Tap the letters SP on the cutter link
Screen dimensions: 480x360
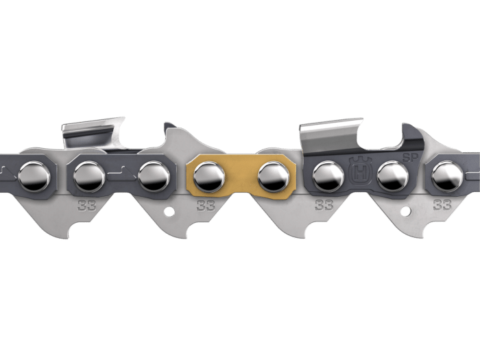(410, 158)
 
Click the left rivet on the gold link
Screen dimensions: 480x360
(208, 177)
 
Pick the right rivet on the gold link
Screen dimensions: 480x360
(274, 177)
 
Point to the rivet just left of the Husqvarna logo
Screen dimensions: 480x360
(328, 177)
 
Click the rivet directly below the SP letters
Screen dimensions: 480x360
(393, 177)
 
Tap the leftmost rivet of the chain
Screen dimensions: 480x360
(34, 177)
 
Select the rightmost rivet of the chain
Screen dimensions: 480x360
(447, 177)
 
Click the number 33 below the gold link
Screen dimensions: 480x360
(206, 206)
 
